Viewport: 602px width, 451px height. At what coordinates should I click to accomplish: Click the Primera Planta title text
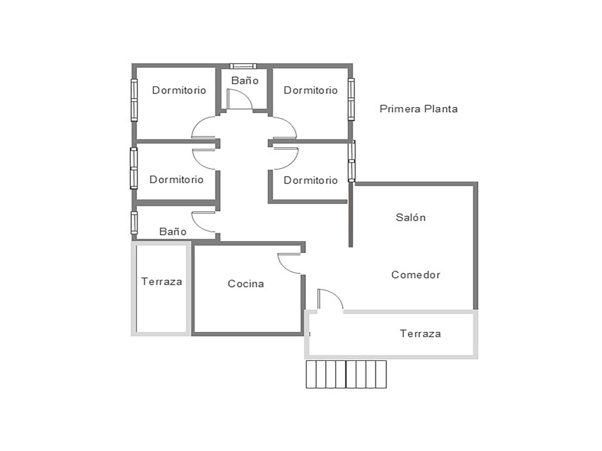pyautogui.click(x=418, y=109)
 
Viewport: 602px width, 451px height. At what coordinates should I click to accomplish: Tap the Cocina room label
pyautogui.click(x=246, y=284)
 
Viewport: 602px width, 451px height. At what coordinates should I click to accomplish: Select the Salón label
pyautogui.click(x=411, y=217)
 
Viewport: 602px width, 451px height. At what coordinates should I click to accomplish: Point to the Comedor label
pyautogui.click(x=416, y=275)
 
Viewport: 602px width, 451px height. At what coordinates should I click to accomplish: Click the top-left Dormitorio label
pyautogui.click(x=179, y=90)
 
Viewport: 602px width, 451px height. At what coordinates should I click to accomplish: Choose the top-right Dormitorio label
pyautogui.click(x=310, y=90)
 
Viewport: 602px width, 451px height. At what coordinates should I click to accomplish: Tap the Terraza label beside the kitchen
pyautogui.click(x=162, y=282)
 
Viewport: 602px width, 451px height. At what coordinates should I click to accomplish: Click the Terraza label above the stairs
pyautogui.click(x=420, y=333)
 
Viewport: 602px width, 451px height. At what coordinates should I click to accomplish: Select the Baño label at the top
pyautogui.click(x=245, y=80)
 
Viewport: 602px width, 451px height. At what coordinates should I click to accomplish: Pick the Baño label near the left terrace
pyautogui.click(x=173, y=231)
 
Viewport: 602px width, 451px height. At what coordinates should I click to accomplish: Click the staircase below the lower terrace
pyautogui.click(x=346, y=374)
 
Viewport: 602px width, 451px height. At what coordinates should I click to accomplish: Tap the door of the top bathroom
pyautogui.click(x=239, y=99)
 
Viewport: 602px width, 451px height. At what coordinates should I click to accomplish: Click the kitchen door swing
pyautogui.click(x=289, y=264)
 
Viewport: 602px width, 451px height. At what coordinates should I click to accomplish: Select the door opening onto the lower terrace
pyautogui.click(x=330, y=299)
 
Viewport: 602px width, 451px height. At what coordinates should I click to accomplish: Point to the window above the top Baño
pyautogui.click(x=243, y=66)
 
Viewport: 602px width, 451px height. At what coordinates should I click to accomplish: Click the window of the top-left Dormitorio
pyautogui.click(x=134, y=100)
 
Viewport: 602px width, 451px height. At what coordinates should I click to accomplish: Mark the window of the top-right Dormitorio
pyautogui.click(x=351, y=99)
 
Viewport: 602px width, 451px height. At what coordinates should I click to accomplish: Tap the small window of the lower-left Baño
pyautogui.click(x=134, y=222)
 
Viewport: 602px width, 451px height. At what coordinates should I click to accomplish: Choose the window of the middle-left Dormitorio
pyautogui.click(x=134, y=168)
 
